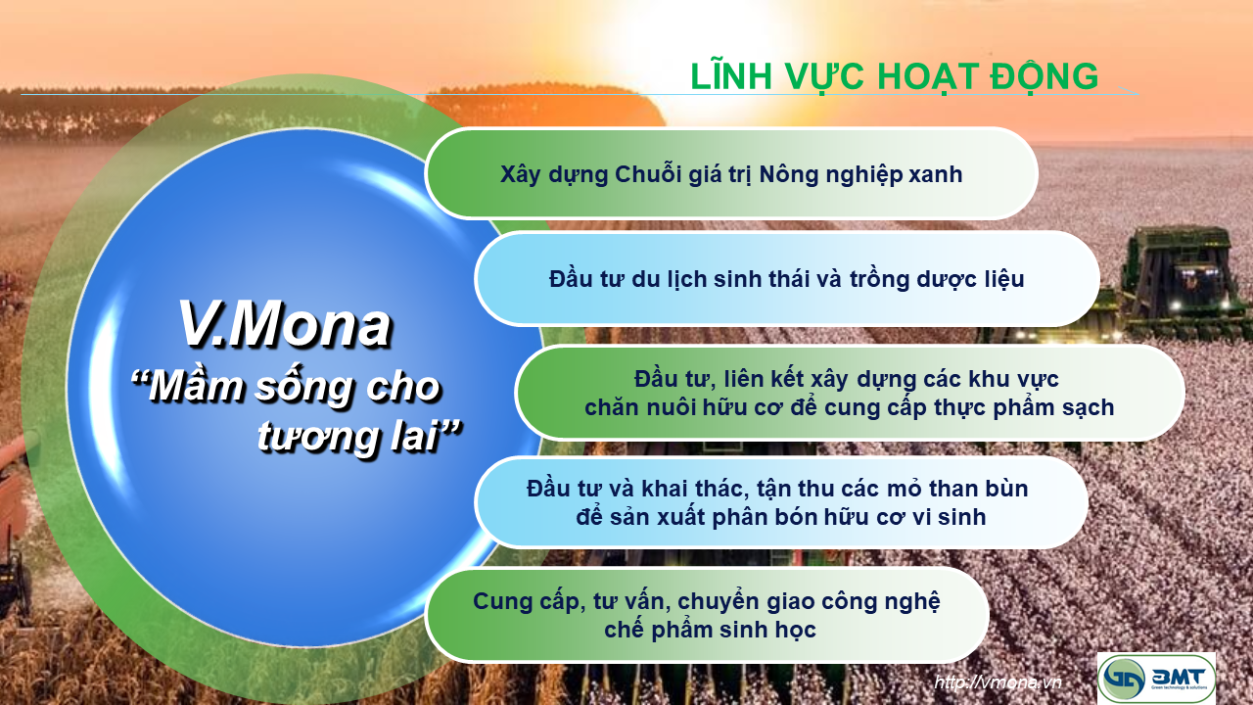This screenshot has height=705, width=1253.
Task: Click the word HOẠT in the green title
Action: pyautogui.click(x=927, y=76)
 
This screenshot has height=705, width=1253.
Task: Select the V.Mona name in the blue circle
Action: pyautogui.click(x=285, y=324)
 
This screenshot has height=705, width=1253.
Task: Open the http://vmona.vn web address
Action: pyautogui.click(x=998, y=682)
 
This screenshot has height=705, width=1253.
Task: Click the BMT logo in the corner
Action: pyautogui.click(x=1156, y=678)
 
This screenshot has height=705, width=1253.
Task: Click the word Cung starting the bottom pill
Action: pyautogui.click(x=502, y=602)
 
